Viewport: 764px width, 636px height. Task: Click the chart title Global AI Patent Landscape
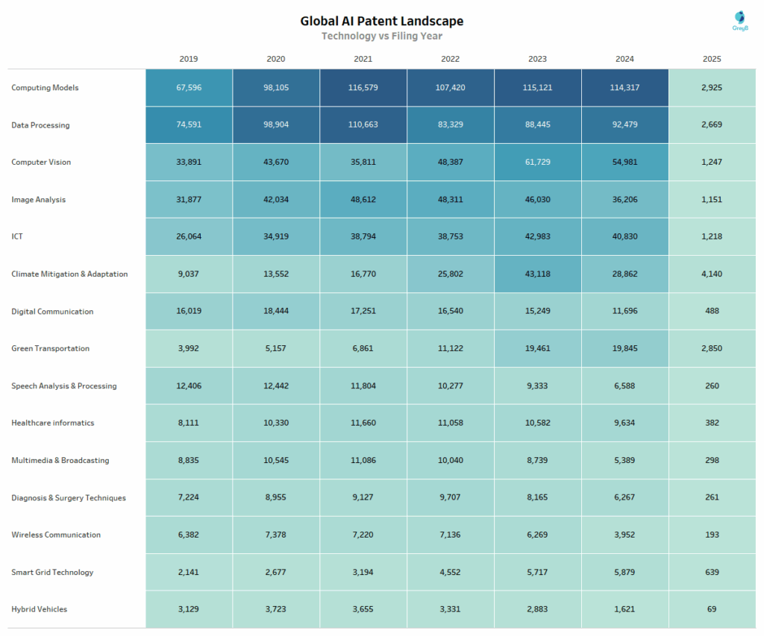tap(381, 21)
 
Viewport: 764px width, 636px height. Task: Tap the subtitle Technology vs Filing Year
tap(381, 36)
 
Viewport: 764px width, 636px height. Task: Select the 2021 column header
tap(363, 59)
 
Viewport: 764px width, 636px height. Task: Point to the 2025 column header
tap(712, 59)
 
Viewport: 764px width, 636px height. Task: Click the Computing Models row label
tap(45, 88)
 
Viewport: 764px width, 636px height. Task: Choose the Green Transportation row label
tap(50, 348)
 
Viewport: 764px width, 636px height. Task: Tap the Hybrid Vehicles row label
tap(39, 609)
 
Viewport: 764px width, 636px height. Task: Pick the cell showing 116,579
tap(363, 88)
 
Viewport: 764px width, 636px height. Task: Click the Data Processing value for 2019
tap(189, 125)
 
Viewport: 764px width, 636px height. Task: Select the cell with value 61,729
tap(538, 162)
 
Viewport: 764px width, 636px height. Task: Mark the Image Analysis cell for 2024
tap(624, 200)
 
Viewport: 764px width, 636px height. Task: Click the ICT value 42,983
tap(538, 236)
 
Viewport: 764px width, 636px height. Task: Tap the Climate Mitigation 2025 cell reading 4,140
tap(712, 274)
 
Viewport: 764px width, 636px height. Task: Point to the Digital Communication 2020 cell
tap(276, 311)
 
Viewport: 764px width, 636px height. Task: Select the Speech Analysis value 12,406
tap(189, 385)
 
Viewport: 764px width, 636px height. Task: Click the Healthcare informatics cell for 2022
tap(451, 423)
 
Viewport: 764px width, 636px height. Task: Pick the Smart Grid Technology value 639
tap(712, 572)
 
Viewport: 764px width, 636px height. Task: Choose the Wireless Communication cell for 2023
tap(538, 535)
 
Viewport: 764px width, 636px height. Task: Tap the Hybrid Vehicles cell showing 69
tap(712, 609)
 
